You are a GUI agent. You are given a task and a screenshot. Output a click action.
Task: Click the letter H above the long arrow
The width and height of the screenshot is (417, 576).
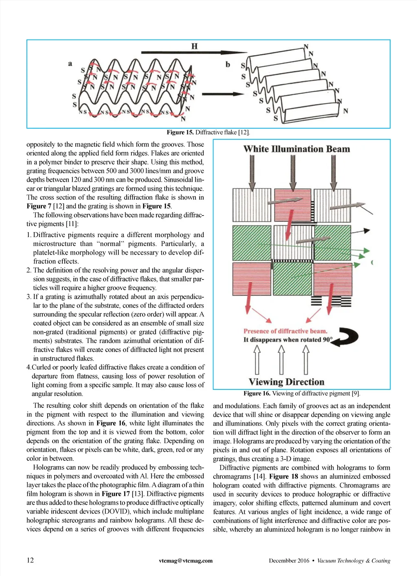pos(194,46)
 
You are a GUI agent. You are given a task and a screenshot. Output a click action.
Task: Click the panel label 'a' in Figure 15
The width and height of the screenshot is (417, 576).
pos(70,64)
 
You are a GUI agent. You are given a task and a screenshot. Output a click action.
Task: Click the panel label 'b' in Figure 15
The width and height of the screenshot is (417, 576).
pos(228,64)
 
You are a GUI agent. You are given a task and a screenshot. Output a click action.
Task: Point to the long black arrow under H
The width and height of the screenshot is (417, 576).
pos(193,53)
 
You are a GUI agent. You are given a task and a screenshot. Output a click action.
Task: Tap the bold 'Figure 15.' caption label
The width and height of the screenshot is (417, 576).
pos(180,132)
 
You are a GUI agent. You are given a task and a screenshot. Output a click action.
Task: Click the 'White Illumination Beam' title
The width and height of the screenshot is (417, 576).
pos(296,149)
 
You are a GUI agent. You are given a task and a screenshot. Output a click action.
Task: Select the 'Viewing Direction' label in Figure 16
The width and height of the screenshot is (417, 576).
pos(286,382)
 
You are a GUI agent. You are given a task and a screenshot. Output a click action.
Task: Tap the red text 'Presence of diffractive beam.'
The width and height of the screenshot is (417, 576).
pos(285,331)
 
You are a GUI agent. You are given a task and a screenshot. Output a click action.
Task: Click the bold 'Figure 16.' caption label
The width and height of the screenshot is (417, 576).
pos(257,394)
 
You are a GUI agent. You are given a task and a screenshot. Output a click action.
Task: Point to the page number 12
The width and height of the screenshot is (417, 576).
pos(30,560)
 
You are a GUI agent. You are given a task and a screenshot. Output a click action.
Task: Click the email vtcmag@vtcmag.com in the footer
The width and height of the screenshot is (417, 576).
pos(186,561)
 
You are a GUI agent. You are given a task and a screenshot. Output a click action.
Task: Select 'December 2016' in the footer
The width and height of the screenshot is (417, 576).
pos(289,561)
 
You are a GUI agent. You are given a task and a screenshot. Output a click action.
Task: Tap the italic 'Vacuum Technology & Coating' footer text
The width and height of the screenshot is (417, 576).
pos(353,561)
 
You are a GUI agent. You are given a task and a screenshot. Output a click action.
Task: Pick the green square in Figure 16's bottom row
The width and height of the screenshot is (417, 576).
pos(292,279)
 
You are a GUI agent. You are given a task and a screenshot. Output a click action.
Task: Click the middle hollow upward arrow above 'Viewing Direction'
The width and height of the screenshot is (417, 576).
pos(281,360)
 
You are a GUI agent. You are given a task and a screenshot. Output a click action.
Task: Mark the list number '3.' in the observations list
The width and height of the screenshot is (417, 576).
pos(29,297)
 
